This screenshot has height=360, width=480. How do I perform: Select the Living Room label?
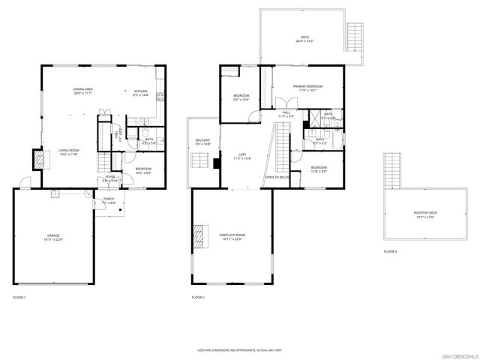pos(69,151)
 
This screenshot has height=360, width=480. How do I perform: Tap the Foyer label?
pos(110,178)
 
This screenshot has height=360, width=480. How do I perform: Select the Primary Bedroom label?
pos(308,88)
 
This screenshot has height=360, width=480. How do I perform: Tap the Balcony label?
pos(202,141)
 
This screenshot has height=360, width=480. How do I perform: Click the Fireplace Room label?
pos(232,237)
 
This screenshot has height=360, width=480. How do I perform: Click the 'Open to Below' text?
pos(277,177)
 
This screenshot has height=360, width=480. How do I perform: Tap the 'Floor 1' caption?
pos(19,298)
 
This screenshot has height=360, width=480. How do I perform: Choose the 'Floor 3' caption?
pos(390,251)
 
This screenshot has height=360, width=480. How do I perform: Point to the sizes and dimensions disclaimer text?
pos(239,349)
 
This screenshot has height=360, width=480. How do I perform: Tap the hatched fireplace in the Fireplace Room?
pos(198,235)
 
